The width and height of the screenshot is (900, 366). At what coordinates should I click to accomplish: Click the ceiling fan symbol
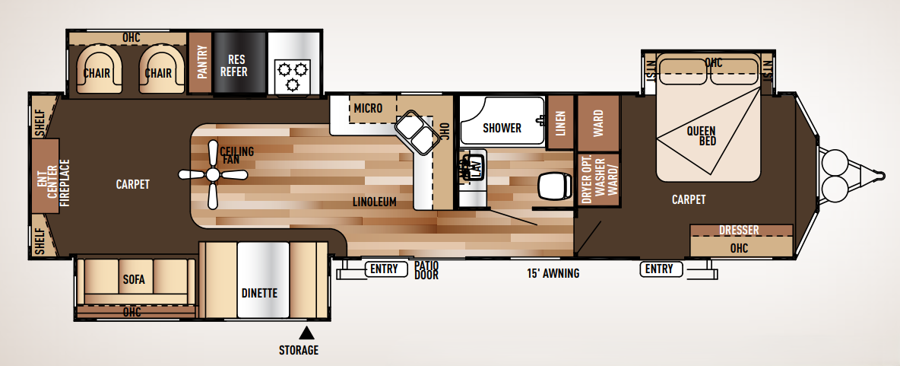213,176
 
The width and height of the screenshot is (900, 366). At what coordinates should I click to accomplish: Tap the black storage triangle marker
306,333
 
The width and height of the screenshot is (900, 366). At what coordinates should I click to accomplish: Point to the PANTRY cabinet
201,63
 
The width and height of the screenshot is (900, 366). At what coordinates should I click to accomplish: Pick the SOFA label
133,280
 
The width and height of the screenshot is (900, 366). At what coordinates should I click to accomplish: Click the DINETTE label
258,293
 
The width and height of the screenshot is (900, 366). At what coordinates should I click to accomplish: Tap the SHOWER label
502,128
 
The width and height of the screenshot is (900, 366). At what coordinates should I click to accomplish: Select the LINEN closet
560,123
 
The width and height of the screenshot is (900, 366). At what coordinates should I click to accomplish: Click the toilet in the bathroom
553,185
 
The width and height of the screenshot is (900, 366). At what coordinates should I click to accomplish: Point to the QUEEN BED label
701,135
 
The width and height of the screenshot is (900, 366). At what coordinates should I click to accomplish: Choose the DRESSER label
739,231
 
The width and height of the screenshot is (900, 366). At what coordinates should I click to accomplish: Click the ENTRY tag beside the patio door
385,269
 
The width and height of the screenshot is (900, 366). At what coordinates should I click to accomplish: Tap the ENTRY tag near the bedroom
660,269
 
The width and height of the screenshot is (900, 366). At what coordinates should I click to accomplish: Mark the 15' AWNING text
553,273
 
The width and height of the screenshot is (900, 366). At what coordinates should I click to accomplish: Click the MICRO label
368,108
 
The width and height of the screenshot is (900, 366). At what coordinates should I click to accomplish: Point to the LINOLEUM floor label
375,202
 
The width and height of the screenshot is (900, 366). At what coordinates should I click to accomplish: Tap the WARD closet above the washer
598,120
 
